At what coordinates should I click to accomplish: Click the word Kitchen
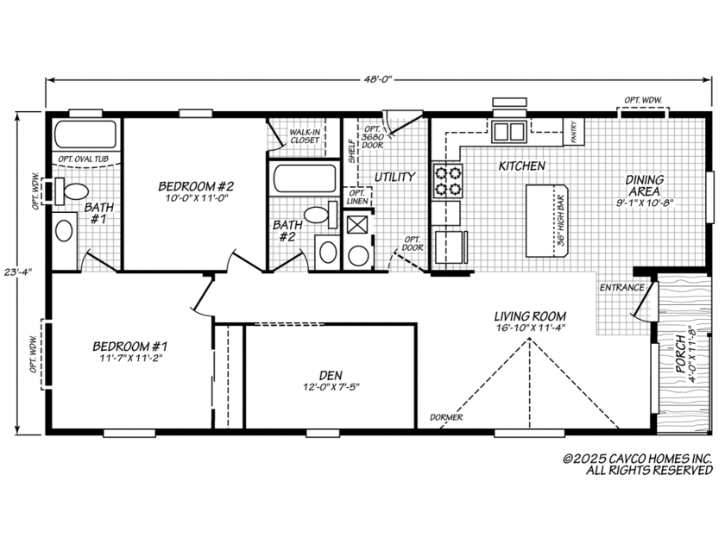coord(520,165)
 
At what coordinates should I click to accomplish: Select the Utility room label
coord(394,177)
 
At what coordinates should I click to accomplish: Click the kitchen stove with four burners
coord(446,181)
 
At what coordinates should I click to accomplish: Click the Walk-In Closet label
coord(305,135)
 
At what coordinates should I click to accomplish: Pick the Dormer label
coord(446,418)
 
